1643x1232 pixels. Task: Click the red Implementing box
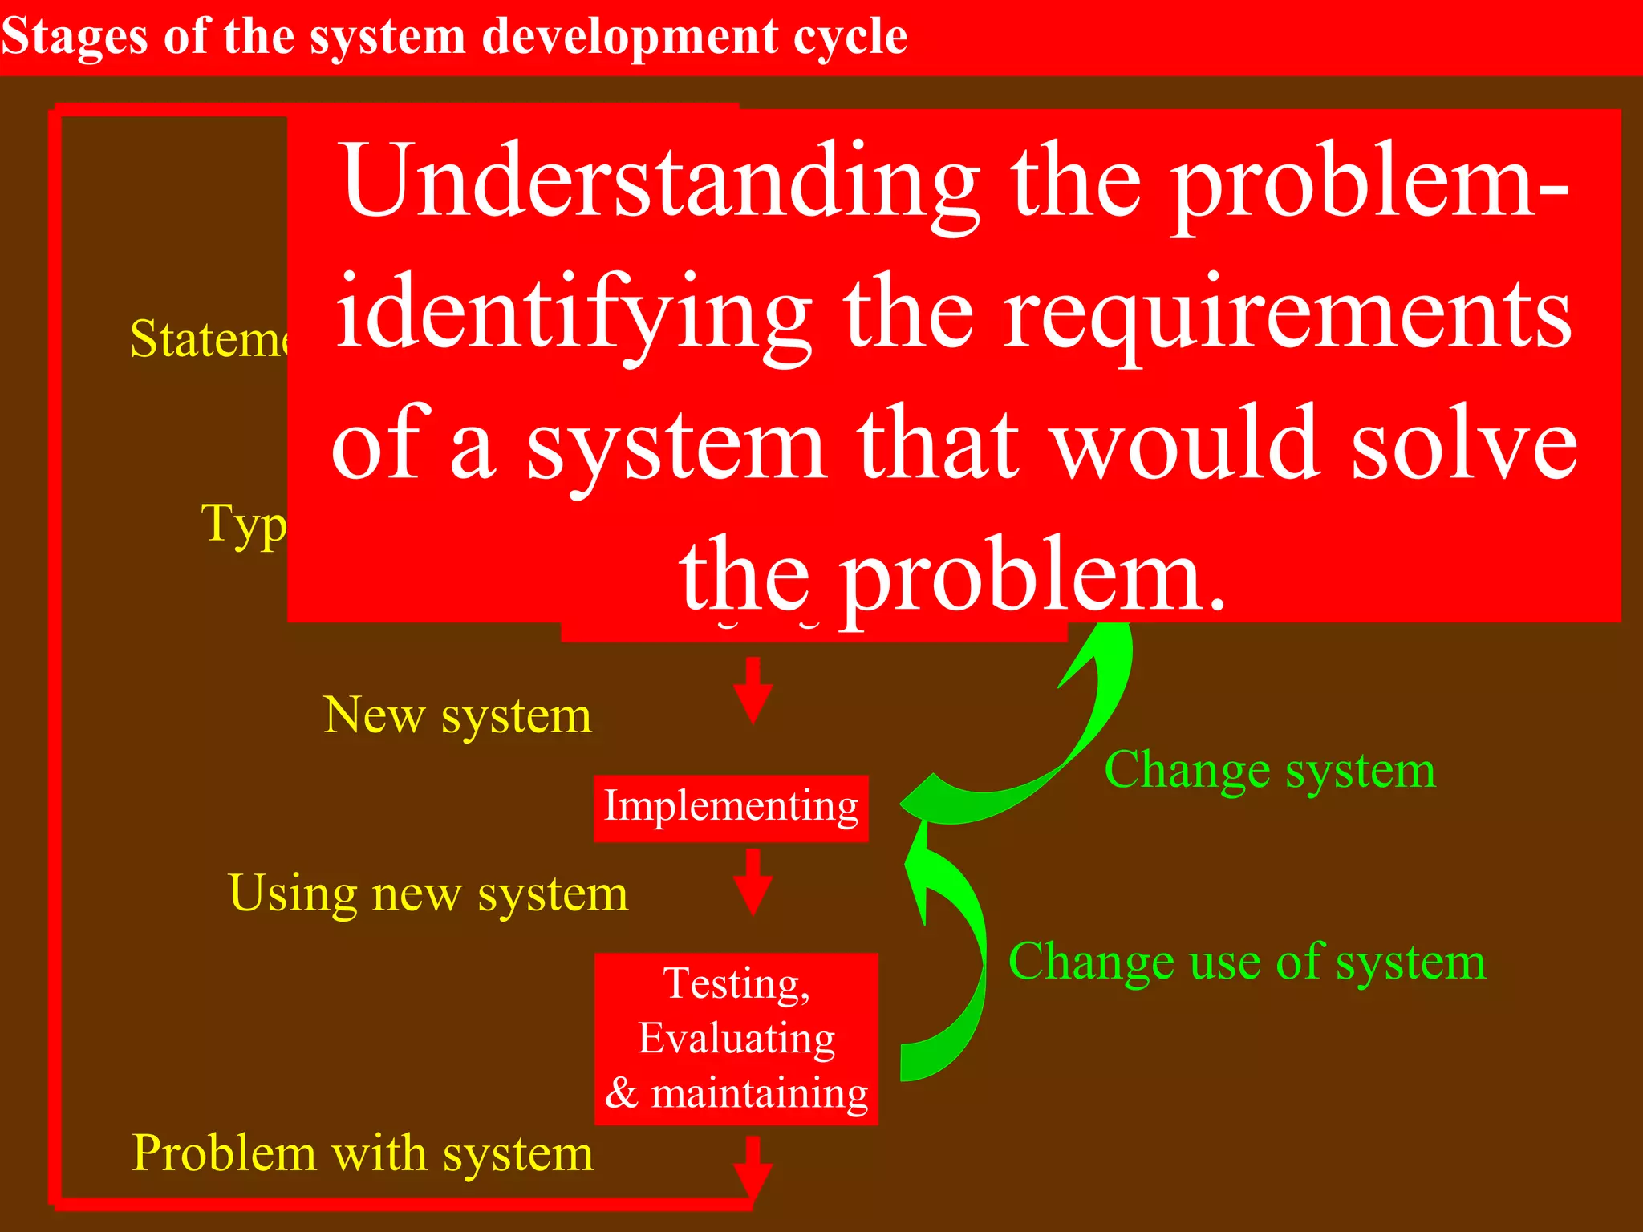[731, 808]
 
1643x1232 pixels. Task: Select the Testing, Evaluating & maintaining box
[736, 1038]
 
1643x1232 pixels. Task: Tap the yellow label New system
[457, 715]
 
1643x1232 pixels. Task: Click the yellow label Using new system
[428, 894]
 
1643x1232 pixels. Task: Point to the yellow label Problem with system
[363, 1153]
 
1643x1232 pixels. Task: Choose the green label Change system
[1270, 771]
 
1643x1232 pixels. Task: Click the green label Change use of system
[1247, 962]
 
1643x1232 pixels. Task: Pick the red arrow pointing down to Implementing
[753, 690]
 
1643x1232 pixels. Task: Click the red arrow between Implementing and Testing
[753, 881]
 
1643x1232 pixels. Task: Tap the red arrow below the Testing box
[753, 1167]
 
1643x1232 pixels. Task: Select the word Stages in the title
[74, 37]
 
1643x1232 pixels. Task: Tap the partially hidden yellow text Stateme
[209, 339]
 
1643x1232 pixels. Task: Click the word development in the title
[630, 37]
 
